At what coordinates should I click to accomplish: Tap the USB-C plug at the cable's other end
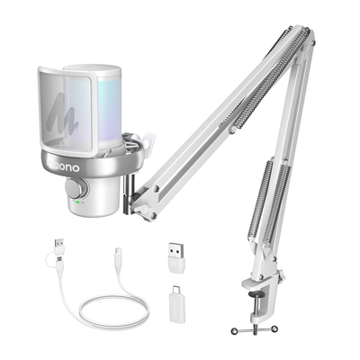click(120, 254)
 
